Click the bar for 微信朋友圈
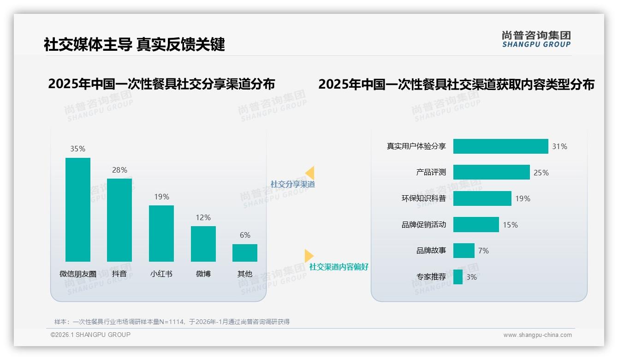point(78,210)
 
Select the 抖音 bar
point(119,220)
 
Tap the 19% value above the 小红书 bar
point(161,197)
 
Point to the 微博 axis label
point(203,274)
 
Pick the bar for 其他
point(245,253)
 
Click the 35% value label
point(77,149)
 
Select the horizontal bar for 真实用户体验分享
point(500,146)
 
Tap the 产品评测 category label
point(431,172)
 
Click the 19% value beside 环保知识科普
point(523,198)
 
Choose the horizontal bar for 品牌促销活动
point(476,225)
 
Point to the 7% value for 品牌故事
point(483,251)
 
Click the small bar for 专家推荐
point(458,277)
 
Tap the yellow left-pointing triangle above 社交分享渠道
point(310,173)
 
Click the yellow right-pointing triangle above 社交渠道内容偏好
point(309,256)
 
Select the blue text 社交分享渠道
point(293,184)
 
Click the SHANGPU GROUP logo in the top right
point(536,39)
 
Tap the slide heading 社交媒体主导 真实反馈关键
point(134,44)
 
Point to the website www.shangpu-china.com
point(537,335)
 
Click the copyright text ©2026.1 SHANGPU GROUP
point(90,335)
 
